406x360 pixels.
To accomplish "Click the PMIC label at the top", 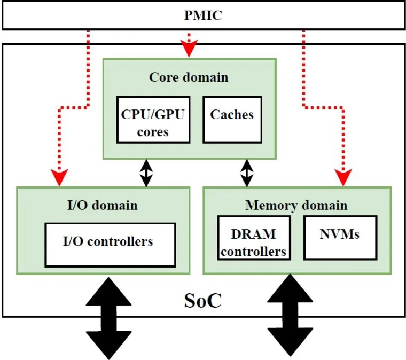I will (203, 16).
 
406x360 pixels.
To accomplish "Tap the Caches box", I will (231, 120).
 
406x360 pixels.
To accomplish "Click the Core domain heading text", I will (189, 77).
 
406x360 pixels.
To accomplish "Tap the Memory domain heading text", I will (296, 205).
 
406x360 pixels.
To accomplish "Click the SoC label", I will (202, 301).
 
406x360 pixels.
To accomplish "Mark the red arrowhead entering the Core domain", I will (188, 51).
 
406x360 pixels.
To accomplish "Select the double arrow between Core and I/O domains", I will (145, 173).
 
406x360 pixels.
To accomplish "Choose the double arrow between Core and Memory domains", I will (247, 173).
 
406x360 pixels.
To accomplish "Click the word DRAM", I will (254, 234).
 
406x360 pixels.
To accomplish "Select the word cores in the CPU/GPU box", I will (152, 132).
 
